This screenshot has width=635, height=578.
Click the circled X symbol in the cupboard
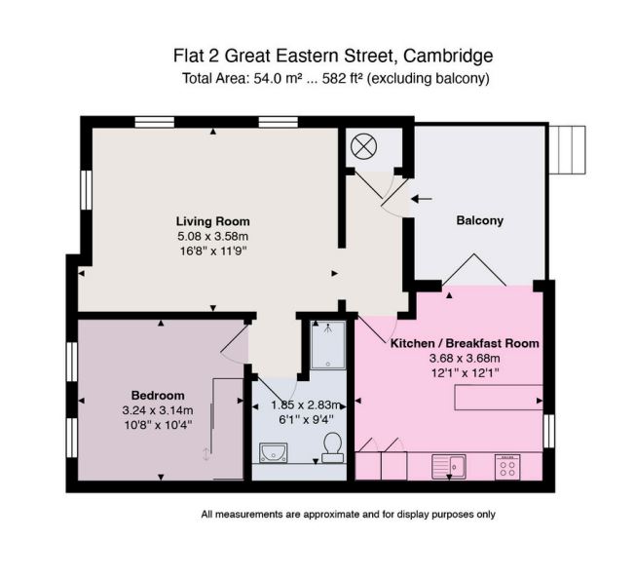pos(363,147)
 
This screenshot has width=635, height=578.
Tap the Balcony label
pos(479,220)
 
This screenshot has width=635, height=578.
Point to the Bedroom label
pos(158,395)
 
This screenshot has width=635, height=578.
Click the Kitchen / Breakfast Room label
pos(464,344)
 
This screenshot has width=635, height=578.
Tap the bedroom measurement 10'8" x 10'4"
pos(158,424)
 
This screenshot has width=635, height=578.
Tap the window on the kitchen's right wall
pos(549,429)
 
